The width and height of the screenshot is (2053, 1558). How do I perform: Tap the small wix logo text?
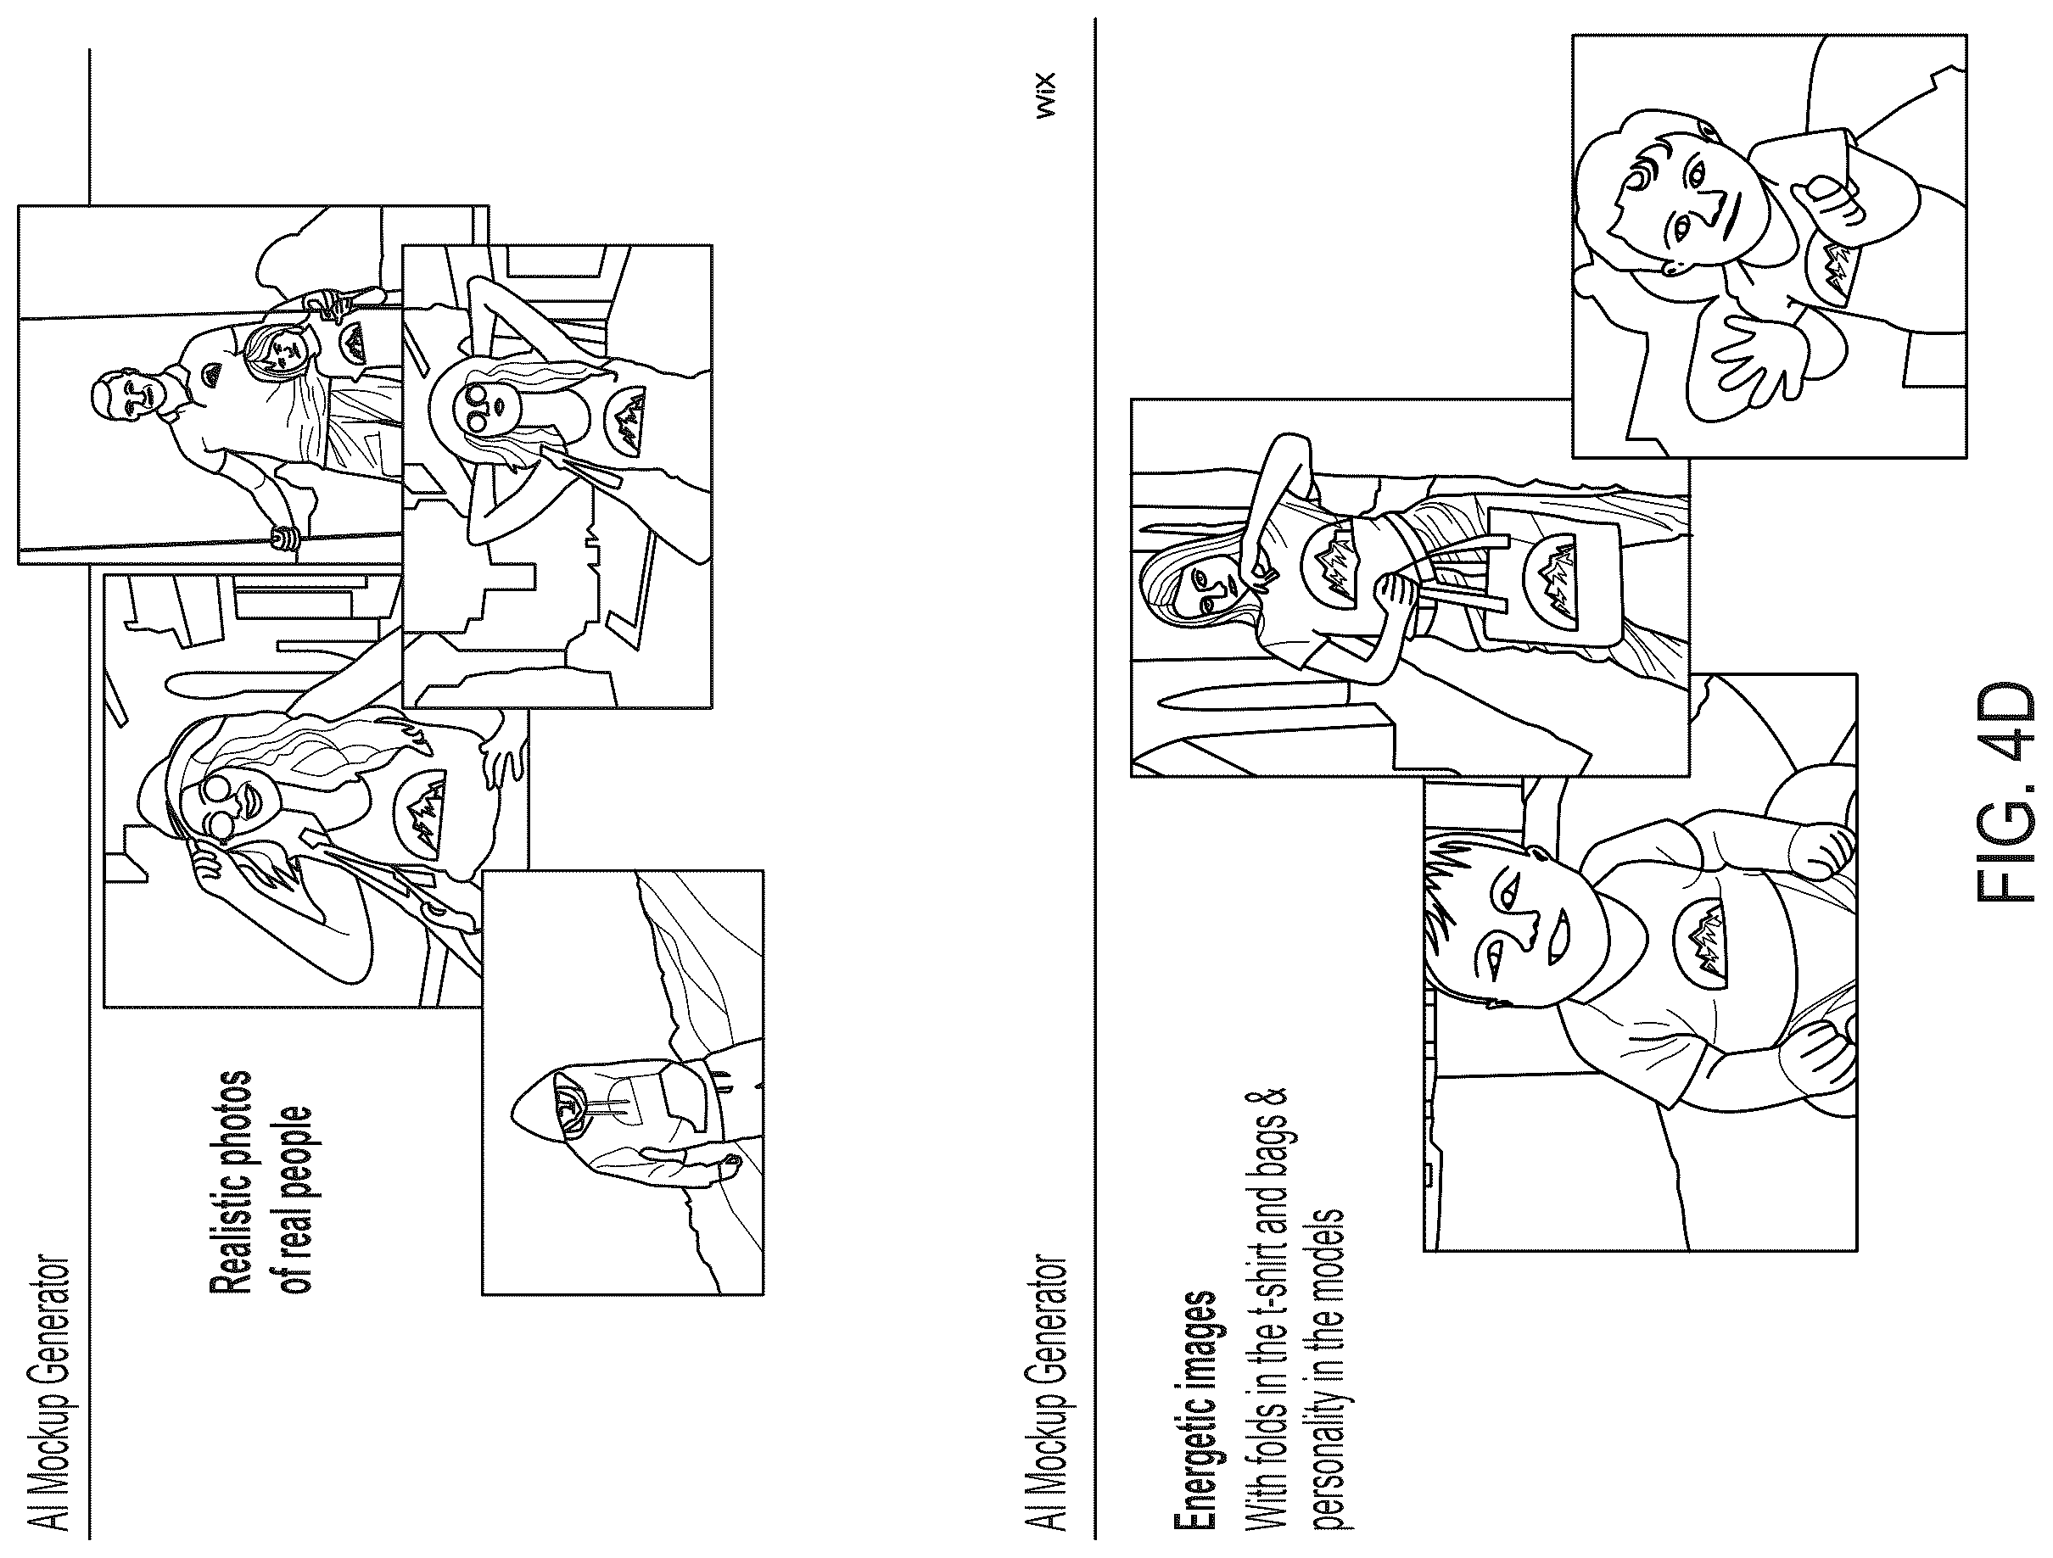pos(1046,96)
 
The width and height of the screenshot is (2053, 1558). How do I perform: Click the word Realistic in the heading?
pos(229,1226)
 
